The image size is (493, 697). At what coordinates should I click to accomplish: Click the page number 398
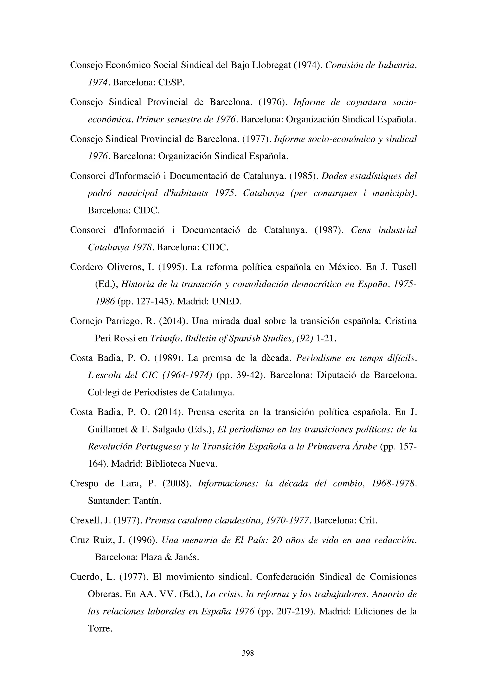point(248,653)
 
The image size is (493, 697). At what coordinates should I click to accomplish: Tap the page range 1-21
point(326,338)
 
